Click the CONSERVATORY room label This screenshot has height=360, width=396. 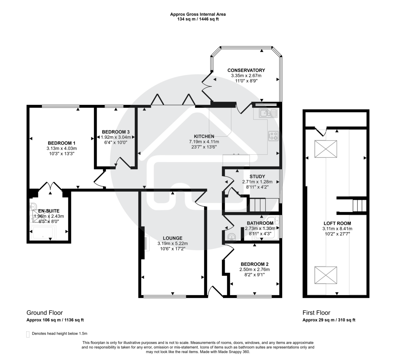246,70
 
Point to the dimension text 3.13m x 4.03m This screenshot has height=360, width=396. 62,148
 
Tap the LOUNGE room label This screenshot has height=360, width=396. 172,238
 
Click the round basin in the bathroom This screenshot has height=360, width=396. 232,237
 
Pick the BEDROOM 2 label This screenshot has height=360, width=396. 254,264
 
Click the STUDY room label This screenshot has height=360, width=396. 257,177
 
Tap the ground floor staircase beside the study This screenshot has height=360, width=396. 257,205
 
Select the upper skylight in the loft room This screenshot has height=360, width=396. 326,149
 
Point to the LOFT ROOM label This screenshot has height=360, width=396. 337,223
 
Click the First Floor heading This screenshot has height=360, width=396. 316,313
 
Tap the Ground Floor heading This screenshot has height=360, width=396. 44,313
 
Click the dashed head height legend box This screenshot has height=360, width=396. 28,334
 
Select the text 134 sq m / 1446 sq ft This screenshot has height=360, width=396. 198,19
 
